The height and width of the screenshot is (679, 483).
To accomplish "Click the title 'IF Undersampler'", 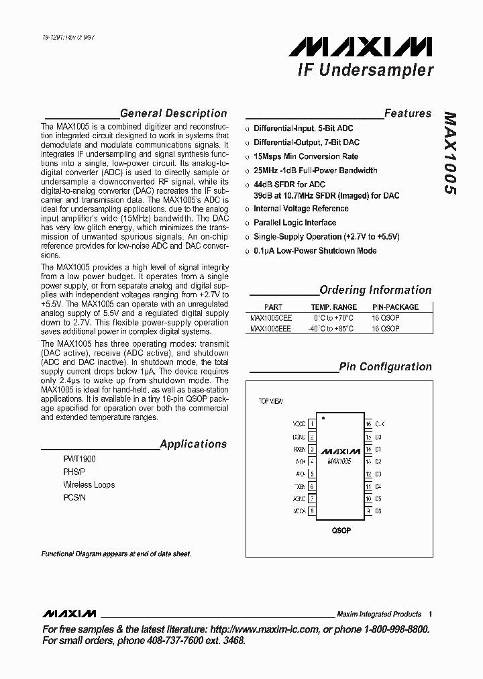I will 365,70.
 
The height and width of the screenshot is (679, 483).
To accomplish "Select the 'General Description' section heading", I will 173,113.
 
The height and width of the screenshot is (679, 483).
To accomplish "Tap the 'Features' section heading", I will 408,113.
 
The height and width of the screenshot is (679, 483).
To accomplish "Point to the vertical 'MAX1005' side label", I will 449,153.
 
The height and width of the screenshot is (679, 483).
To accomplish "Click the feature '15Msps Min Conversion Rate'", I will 305,156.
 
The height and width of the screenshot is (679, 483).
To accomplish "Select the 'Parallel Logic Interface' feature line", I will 294,223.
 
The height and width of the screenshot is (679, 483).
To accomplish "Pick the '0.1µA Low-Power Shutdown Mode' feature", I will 315,251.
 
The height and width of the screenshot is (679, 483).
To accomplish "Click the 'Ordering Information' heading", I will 375,290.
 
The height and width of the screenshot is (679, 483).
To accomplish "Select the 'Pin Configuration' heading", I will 385,366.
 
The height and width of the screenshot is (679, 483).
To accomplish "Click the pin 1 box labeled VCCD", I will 311,424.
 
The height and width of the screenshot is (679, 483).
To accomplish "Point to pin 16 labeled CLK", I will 368,424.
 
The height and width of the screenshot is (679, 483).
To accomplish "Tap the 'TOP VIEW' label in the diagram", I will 270,401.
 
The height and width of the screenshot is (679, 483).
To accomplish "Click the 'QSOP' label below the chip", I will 341,530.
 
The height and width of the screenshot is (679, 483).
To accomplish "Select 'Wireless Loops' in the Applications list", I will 89,484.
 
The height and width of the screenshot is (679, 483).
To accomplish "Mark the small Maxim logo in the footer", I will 69,614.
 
